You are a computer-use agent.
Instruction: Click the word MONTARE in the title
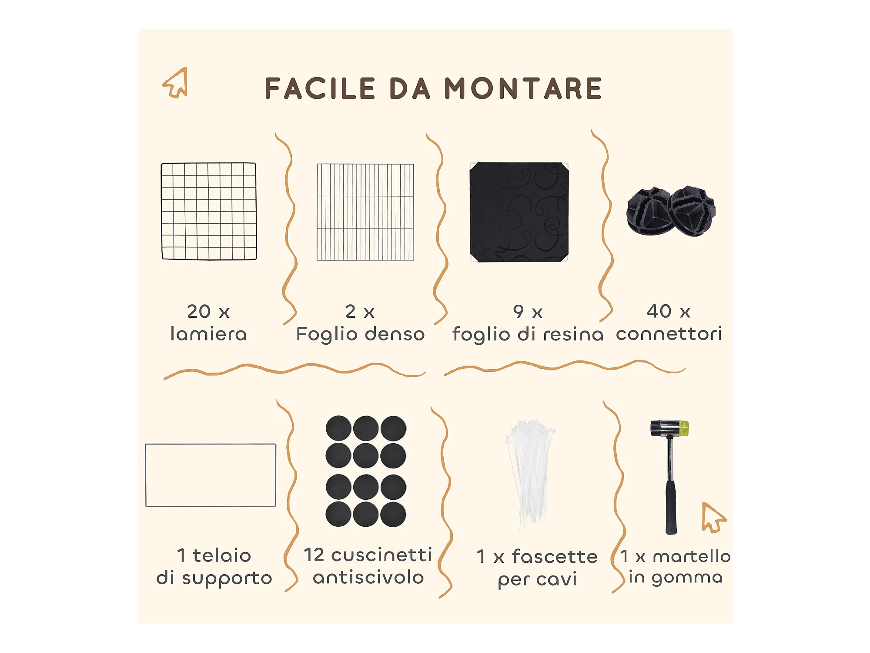pos(523,88)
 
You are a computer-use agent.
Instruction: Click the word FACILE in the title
pos(320,88)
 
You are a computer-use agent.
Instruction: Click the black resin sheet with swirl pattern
pos(519,212)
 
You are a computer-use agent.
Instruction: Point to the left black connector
pos(648,212)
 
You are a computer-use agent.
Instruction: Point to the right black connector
pos(693,211)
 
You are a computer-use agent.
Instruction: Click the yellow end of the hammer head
pos(684,428)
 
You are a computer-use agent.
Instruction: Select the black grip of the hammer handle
pos(671,507)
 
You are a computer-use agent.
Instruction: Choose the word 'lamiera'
pos(209,334)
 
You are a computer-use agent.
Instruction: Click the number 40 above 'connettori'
pos(659,311)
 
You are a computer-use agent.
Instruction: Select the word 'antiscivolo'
pos(368,577)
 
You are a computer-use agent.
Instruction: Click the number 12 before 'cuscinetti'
pos(314,555)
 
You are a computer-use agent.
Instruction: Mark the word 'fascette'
pos(555,556)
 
